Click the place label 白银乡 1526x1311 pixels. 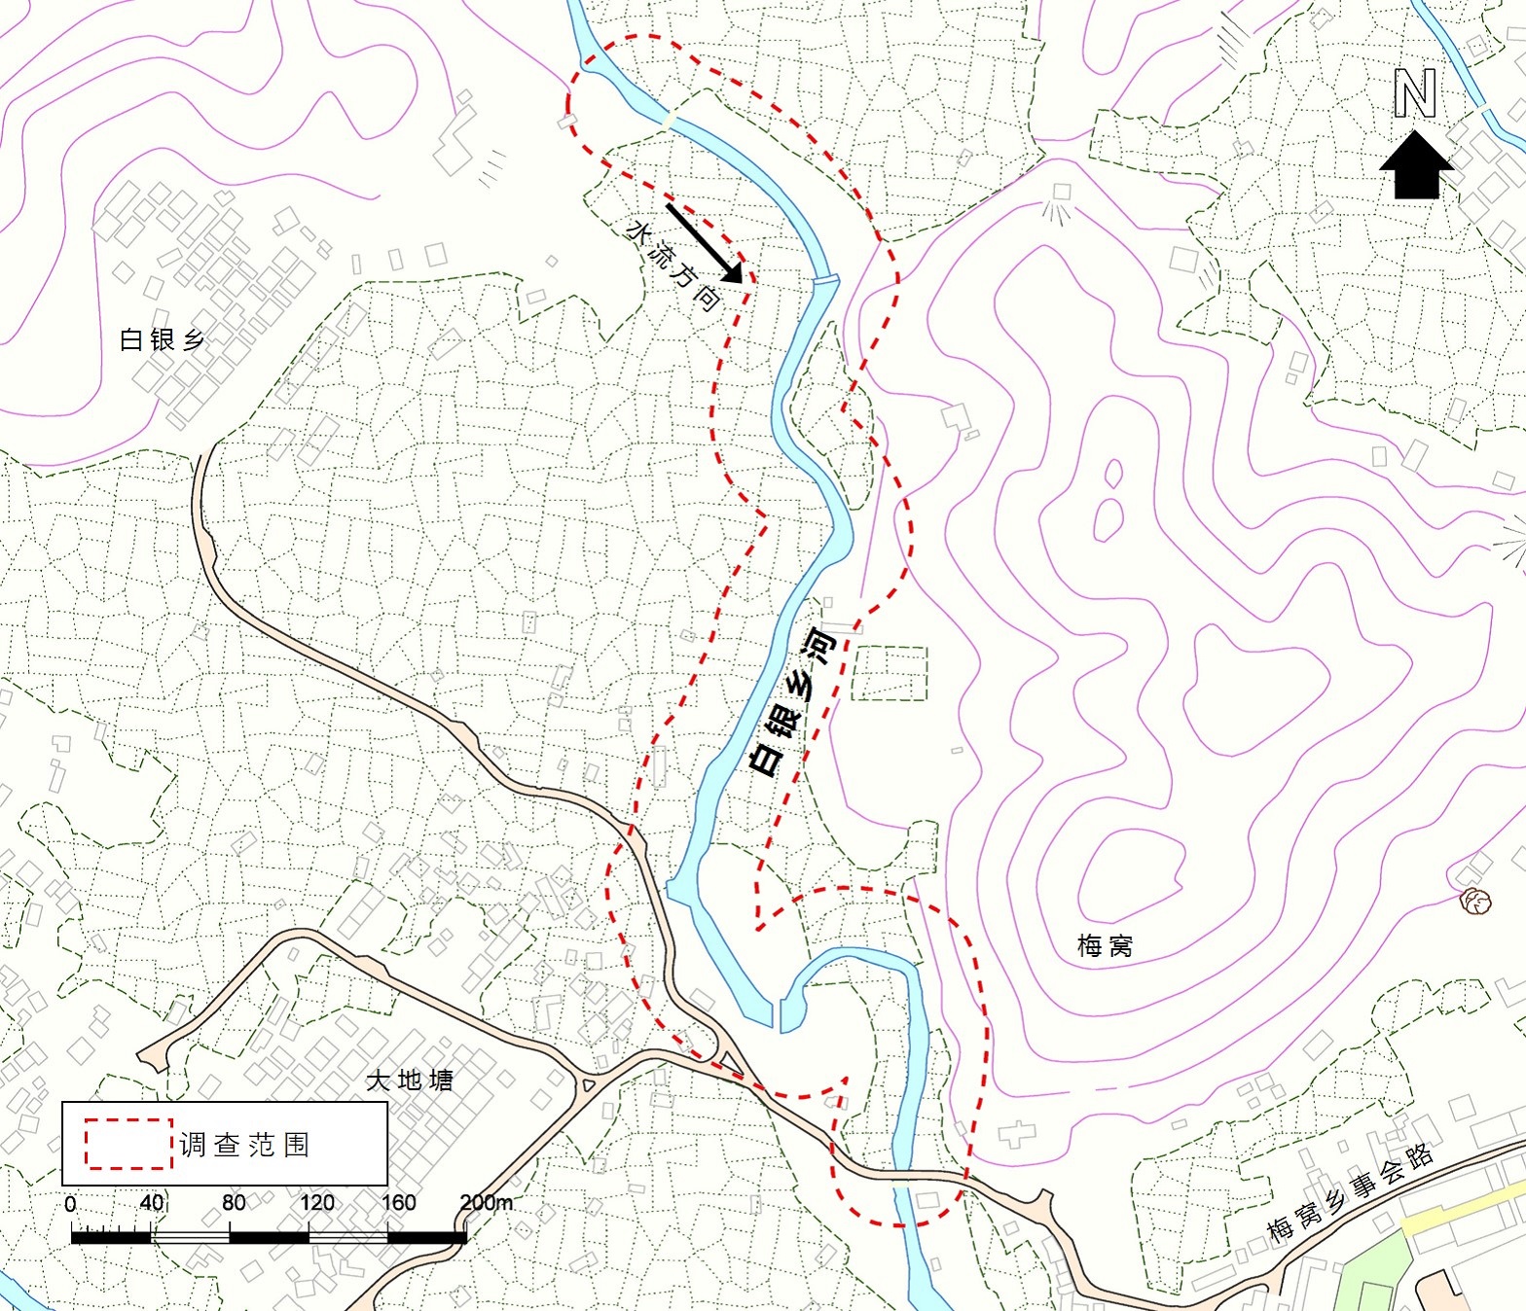pyautogui.click(x=162, y=339)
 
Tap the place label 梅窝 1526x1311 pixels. pyautogui.click(x=1105, y=945)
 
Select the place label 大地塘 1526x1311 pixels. pyautogui.click(x=410, y=1080)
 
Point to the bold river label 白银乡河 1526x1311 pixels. pyautogui.click(x=794, y=702)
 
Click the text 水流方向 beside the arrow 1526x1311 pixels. pyautogui.click(x=673, y=266)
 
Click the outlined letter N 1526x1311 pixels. pyautogui.click(x=1415, y=94)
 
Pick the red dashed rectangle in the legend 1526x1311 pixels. pyautogui.click(x=128, y=1144)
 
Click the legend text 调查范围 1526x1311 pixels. pyautogui.click(x=244, y=1145)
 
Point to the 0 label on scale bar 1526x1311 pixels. pyautogui.click(x=70, y=1204)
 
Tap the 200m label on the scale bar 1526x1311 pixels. pyautogui.click(x=486, y=1202)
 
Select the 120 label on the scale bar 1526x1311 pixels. pyautogui.click(x=316, y=1202)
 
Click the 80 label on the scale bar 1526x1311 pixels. pyautogui.click(x=234, y=1202)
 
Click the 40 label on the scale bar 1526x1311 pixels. pyautogui.click(x=151, y=1202)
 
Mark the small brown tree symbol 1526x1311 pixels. pyautogui.click(x=1475, y=902)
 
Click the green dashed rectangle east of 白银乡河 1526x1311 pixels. pyautogui.click(x=890, y=673)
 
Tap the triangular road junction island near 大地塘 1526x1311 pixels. pyautogui.click(x=727, y=1058)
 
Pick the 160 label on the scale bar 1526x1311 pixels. pyautogui.click(x=398, y=1202)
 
